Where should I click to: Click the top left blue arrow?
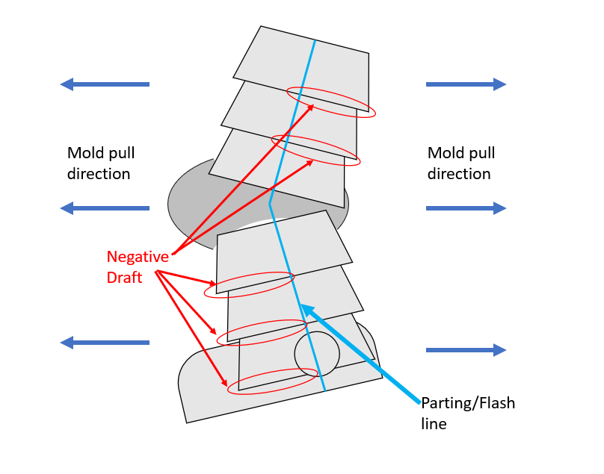tap(105, 84)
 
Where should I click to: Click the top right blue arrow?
tap(466, 84)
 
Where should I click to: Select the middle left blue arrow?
tap(105, 208)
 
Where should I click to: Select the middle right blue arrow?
tap(466, 208)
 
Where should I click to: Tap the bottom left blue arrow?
tap(105, 343)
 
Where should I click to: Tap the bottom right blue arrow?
tap(466, 350)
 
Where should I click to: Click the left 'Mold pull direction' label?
tap(101, 163)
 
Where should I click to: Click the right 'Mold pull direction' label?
tap(461, 163)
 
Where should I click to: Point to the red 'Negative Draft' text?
tap(138, 266)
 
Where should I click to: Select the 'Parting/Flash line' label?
tap(468, 414)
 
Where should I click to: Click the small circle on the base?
tap(317, 353)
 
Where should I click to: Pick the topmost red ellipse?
tap(332, 102)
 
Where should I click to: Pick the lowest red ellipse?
tap(271, 381)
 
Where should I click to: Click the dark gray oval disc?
tap(187, 202)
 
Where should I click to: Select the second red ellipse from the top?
tap(315, 151)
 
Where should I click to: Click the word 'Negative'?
tap(138, 257)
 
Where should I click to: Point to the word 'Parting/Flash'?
tap(468, 404)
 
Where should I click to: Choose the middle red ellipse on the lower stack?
tap(262, 332)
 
